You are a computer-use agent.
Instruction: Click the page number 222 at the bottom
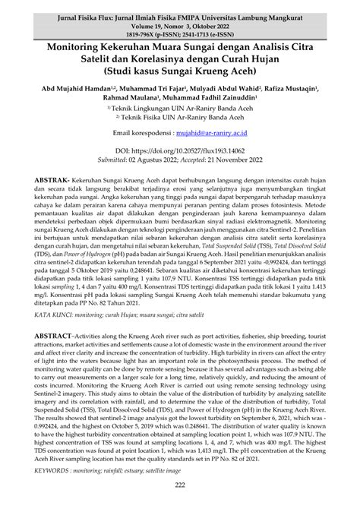click(x=180, y=486)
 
